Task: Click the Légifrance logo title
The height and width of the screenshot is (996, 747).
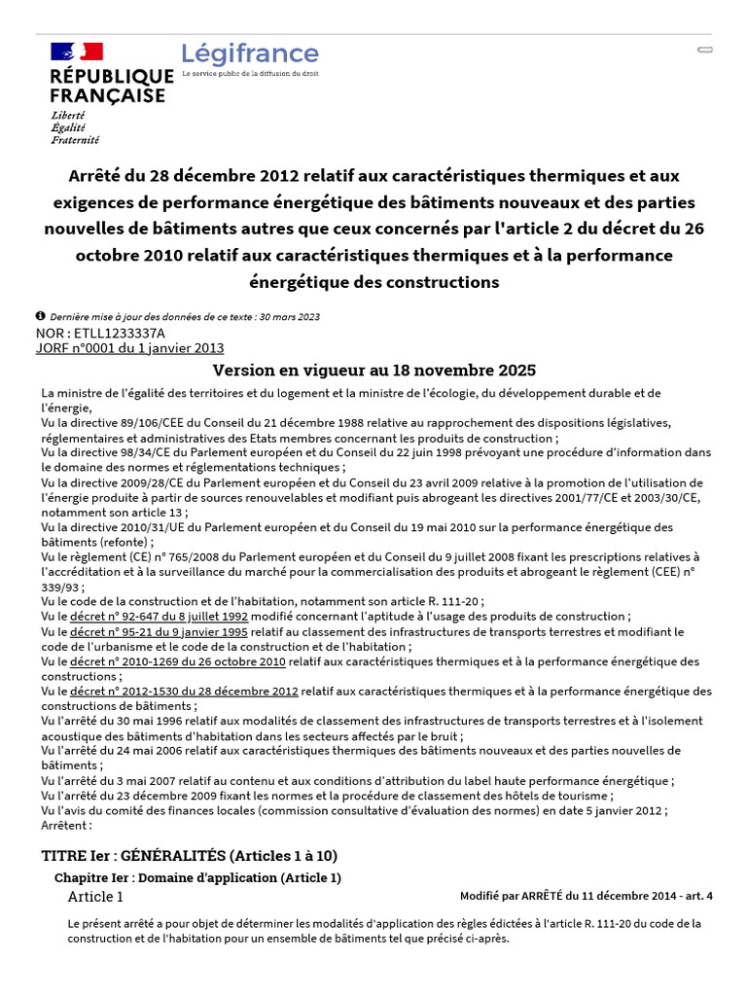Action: [x=250, y=54]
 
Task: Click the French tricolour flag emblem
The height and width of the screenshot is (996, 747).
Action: [x=77, y=52]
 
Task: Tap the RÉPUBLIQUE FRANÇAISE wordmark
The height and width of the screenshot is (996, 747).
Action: [x=111, y=86]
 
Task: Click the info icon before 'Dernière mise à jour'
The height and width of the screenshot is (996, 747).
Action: [x=40, y=316]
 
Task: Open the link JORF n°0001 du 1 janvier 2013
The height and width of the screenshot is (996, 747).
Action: [x=129, y=347]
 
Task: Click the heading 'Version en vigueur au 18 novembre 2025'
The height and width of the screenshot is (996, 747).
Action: [x=374, y=371]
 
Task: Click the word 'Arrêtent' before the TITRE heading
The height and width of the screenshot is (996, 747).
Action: [x=66, y=826]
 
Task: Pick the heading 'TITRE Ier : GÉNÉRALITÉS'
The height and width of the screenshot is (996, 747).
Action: [x=190, y=856]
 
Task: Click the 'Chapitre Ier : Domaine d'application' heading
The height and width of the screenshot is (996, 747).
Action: [x=197, y=877]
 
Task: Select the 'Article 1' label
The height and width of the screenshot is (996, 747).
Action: [x=95, y=897]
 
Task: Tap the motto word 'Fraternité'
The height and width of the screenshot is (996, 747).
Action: [x=75, y=140]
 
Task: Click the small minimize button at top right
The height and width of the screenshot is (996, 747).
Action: [x=705, y=49]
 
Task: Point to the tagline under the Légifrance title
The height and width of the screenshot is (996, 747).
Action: [x=250, y=74]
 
